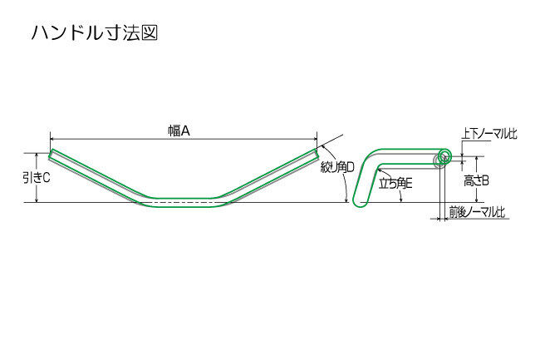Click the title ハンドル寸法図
[x=95, y=33]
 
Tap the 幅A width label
[x=179, y=131]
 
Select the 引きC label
[x=37, y=178]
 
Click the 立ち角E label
[x=395, y=183]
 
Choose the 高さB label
[x=476, y=180]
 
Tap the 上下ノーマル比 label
[x=489, y=134]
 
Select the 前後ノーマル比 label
[x=478, y=212]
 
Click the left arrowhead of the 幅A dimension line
[x=52, y=139]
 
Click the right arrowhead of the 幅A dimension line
[x=315, y=139]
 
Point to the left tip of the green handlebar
[x=51, y=155]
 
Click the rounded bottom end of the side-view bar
[x=360, y=205]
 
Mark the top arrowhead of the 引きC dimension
[x=37, y=155]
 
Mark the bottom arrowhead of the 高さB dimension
[x=477, y=200]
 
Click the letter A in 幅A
[x=185, y=131]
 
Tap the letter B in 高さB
[x=485, y=180]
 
